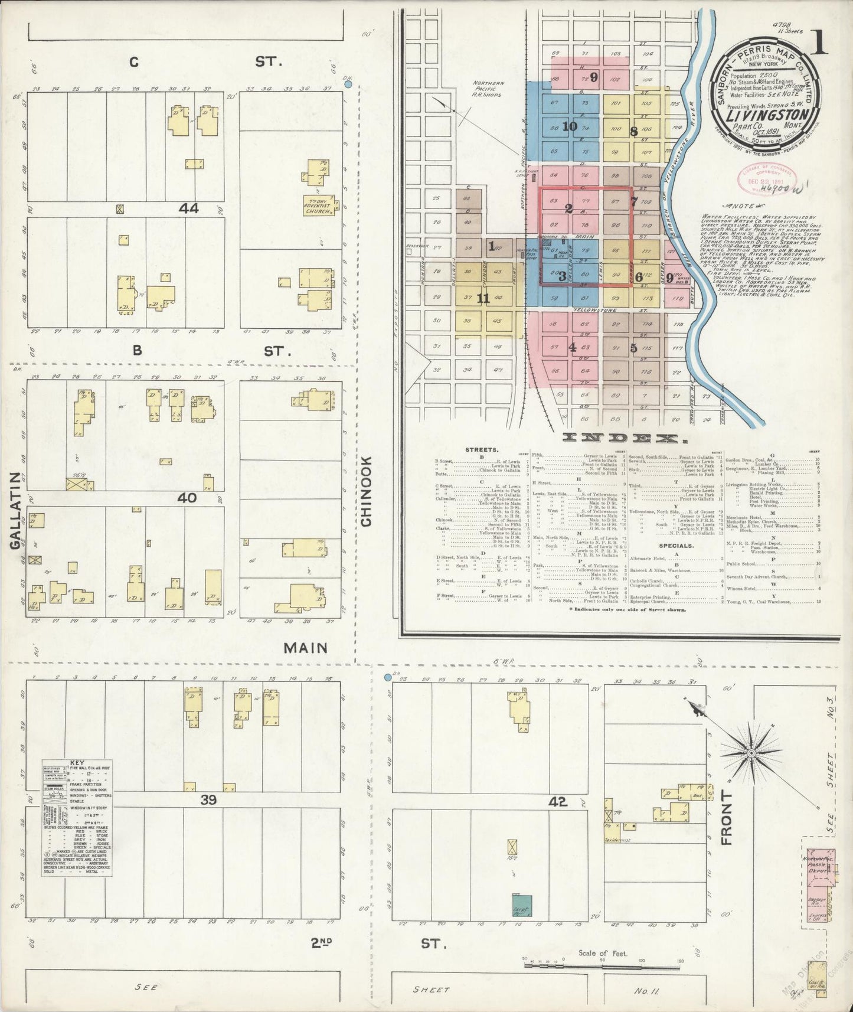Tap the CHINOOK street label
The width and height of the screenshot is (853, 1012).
pyautogui.click(x=366, y=491)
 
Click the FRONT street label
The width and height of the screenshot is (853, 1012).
pyautogui.click(x=726, y=818)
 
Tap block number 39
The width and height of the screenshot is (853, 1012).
pyautogui.click(x=209, y=800)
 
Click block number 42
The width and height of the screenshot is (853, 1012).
pyautogui.click(x=557, y=802)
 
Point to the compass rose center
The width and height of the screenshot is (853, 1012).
pyautogui.click(x=751, y=754)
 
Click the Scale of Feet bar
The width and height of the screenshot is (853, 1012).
pyautogui.click(x=602, y=964)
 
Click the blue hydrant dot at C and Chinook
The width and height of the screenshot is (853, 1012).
pyautogui.click(x=348, y=84)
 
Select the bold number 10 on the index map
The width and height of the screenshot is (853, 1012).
pyautogui.click(x=569, y=126)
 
